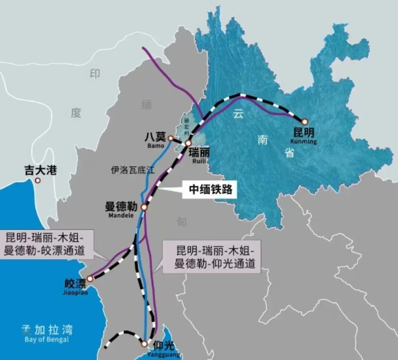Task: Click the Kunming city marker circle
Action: coord(305,122)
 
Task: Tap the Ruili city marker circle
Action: coord(188,143)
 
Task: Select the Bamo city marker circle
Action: coord(170,138)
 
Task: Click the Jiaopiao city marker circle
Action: coord(90,279)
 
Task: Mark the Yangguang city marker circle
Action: coord(144,344)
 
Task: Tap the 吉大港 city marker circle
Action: coord(38,180)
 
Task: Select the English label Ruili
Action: coord(199,161)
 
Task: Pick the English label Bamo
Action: coord(156,146)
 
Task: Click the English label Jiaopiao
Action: coord(76,293)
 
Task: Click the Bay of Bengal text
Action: coord(47,339)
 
